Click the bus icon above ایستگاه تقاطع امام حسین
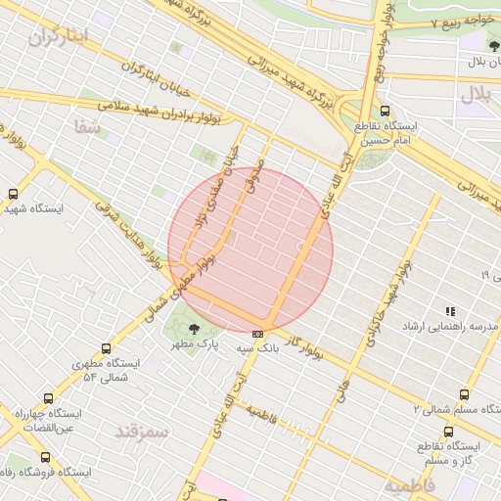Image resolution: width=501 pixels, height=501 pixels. [385, 112]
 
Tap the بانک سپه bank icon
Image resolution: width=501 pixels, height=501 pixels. [257, 334]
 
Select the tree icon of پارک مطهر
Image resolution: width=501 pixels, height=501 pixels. [192, 329]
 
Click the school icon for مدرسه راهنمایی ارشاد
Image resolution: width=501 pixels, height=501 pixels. [450, 310]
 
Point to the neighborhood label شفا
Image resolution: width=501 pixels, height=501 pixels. [87, 126]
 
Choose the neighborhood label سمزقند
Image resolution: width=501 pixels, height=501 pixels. [142, 430]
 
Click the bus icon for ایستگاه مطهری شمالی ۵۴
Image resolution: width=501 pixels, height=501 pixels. [106, 348]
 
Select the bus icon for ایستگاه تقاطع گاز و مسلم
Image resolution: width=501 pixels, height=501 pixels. [448, 432]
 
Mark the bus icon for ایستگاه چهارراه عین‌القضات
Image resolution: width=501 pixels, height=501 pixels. [46, 398]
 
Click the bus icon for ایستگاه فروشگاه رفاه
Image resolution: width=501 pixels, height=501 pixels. [45, 457]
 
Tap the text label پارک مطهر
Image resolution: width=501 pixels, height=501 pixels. [195, 345]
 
